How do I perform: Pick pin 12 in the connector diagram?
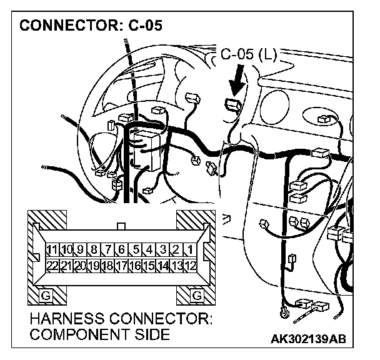[191, 265]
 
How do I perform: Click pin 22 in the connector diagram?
[54, 265]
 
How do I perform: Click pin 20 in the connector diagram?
[81, 265]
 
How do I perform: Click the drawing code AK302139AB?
[308, 339]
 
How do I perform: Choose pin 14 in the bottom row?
[163, 265]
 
